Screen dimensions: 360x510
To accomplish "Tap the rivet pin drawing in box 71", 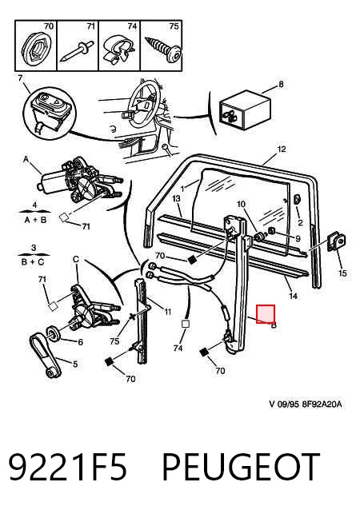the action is (x=77, y=52).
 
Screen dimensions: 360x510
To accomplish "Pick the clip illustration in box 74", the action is (x=118, y=50).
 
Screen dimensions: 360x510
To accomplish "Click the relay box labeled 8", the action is (x=245, y=108).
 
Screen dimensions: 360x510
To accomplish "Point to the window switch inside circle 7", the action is (x=50, y=109).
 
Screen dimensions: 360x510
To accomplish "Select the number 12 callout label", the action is (x=282, y=149).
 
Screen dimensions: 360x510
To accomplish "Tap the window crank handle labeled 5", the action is (x=46, y=356).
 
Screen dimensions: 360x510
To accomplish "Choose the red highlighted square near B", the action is (x=266, y=314).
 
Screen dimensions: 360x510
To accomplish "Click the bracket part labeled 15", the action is (x=336, y=242).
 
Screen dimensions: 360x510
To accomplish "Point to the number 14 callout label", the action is (x=294, y=296).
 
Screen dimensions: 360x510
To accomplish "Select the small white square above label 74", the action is (x=186, y=324).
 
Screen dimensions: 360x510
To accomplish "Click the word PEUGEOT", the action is (x=241, y=467).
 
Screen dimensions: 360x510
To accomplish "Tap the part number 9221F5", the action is (x=67, y=467).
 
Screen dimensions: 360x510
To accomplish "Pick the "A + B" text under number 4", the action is (x=35, y=220).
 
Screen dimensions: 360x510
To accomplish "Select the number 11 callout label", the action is (x=167, y=313).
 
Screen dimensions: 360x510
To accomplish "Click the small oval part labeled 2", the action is (x=298, y=199).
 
